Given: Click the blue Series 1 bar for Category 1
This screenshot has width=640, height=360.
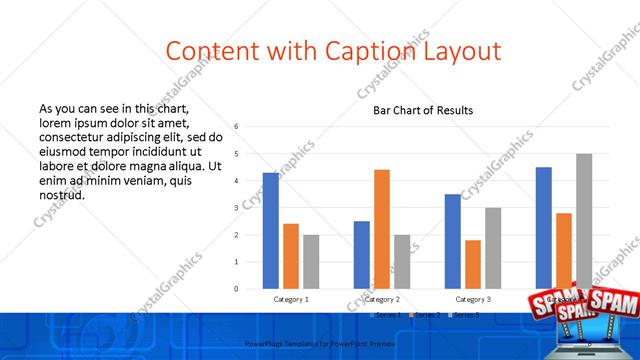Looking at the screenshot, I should coord(271,231).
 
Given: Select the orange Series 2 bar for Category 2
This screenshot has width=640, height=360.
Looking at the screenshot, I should coord(382,229).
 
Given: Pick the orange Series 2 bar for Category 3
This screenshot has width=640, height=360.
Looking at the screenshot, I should coord(473,264).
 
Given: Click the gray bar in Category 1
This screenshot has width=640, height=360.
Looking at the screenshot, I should coord(311,262).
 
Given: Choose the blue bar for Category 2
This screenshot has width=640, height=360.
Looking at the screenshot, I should coord(362,255).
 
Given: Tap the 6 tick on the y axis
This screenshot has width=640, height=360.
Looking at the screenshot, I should coord(236,127).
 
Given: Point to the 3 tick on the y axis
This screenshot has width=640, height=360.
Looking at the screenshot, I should coord(236,208).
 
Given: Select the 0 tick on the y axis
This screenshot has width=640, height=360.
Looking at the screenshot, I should coord(236,289).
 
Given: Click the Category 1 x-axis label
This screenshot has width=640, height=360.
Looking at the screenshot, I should coord(291,299).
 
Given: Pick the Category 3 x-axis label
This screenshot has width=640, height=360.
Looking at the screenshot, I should coord(473,299).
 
